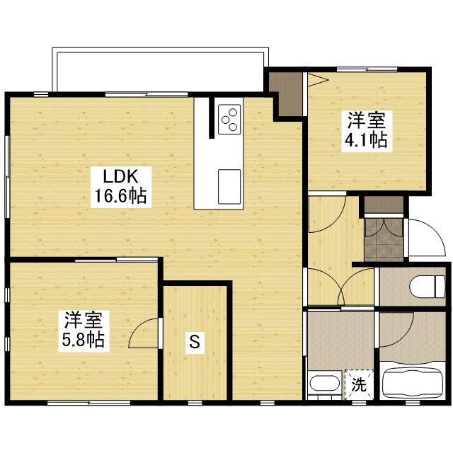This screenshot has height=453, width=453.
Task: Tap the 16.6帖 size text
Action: coord(117,196)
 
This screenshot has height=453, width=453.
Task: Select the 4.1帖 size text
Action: coord(365,139)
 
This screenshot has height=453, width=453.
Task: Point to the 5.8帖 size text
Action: coord(83,340)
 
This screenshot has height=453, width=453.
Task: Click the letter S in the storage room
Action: coord(193,344)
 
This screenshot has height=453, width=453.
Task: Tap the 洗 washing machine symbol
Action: coord(359,386)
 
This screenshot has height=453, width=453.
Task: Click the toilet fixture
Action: coord(425,285)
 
